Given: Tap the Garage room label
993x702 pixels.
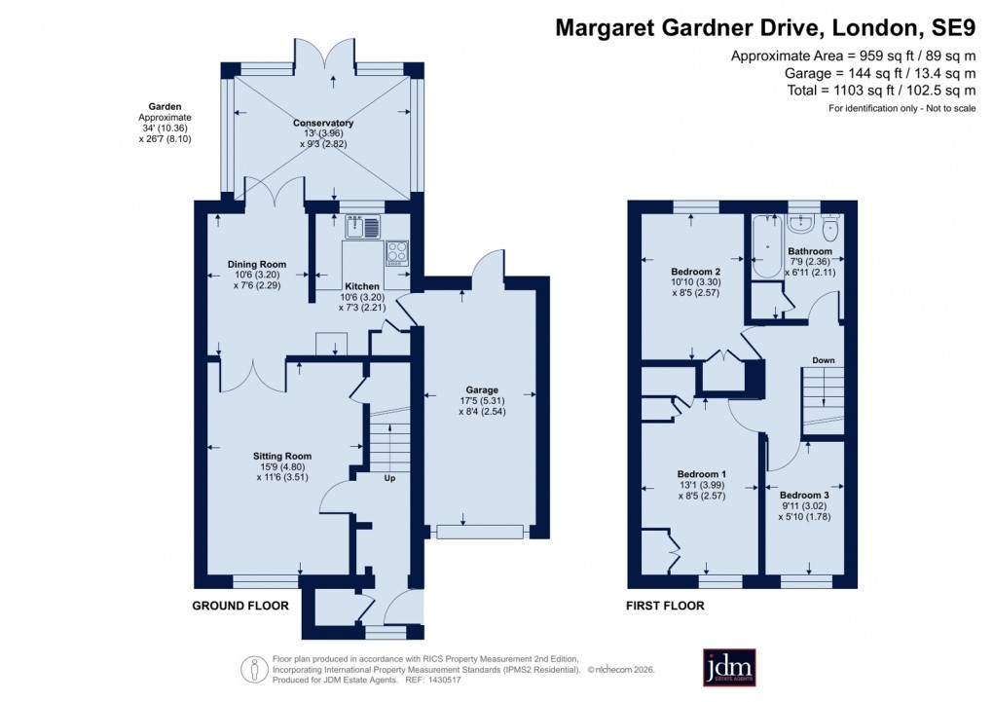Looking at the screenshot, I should coord(479,390).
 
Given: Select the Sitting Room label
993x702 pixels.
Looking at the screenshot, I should coord(282,456).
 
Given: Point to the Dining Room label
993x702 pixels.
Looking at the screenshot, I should coord(257,264).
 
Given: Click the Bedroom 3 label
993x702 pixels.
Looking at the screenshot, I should coord(803,496).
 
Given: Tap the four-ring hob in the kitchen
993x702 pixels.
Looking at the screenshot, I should coord(397,253).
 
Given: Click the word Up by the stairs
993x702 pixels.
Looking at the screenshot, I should coord(388,479).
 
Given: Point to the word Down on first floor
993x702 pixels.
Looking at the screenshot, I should coord(824,360).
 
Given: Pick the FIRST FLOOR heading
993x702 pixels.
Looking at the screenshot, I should coord(665,606).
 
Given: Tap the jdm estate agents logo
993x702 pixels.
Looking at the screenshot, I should coord(729,667).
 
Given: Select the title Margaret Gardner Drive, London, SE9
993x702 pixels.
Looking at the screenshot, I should coord(764,28).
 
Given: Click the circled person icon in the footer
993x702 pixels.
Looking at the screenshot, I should coord(254,669).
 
